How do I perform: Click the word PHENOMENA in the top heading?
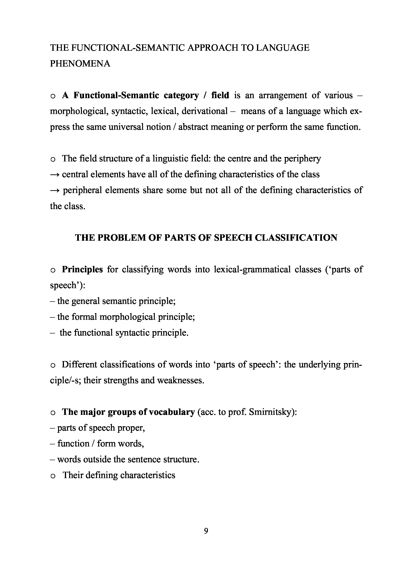[80, 63]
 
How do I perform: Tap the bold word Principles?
[82, 269]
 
